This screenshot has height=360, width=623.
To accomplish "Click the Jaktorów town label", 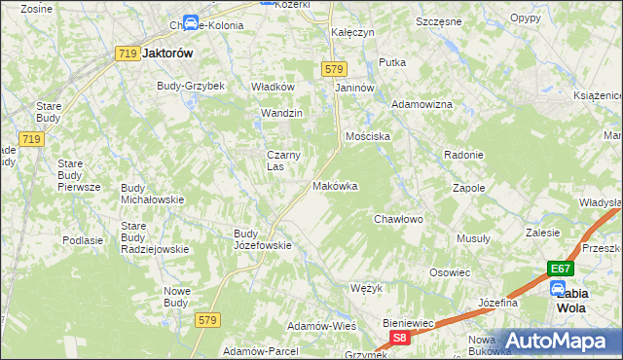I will click(166, 54).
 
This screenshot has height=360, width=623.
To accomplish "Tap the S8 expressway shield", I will click(399, 337).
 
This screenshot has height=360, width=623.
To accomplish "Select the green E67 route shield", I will click(558, 268).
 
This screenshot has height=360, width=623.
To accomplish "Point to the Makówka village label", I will click(335, 186).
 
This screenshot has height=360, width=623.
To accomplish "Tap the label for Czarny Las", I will click(282, 160).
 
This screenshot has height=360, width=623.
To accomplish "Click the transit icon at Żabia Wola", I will click(558, 287).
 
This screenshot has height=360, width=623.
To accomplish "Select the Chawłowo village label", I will click(399, 219).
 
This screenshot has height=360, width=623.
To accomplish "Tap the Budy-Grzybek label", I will click(191, 86).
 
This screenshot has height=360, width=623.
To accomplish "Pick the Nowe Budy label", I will click(176, 296).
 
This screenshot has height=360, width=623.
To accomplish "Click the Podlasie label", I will click(83, 239).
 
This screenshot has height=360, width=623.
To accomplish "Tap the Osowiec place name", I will click(450, 272).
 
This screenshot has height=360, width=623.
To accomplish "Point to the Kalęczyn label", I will click(352, 32).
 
